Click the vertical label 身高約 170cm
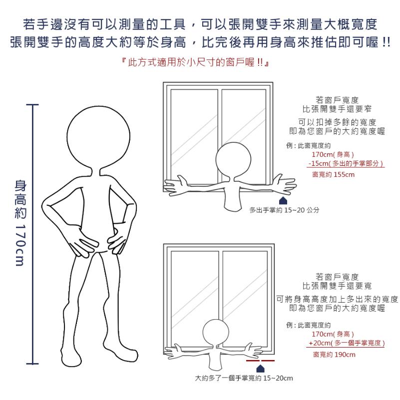[x=20, y=223]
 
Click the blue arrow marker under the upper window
[x=283, y=201]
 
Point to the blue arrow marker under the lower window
[x=260, y=369]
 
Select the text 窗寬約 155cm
[x=333, y=174]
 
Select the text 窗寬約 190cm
[x=334, y=355]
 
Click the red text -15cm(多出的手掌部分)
[x=346, y=163]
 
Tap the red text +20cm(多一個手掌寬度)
[x=347, y=343]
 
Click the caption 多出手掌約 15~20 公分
[x=284, y=210]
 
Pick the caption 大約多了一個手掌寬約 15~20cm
[x=244, y=378]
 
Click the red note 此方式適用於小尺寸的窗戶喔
[x=196, y=62]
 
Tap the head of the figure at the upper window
[x=233, y=160]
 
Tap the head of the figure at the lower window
[x=216, y=333]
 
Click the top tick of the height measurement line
[x=32, y=104]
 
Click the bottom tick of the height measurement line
[x=32, y=364]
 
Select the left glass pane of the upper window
[x=194, y=136]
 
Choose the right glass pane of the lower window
[x=245, y=299]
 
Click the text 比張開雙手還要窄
[x=337, y=109]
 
